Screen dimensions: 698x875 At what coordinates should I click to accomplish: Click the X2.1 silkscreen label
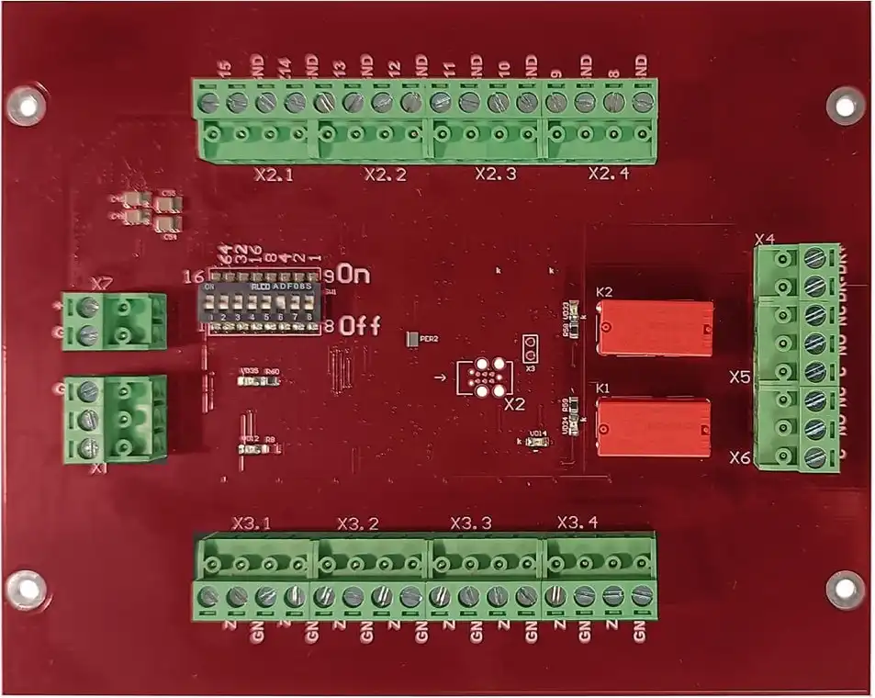(x=272, y=174)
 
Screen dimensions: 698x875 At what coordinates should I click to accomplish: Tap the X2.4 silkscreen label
(x=608, y=173)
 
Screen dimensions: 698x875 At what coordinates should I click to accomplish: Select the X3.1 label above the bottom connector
(x=252, y=523)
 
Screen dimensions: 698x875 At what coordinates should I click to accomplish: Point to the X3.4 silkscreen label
(x=578, y=523)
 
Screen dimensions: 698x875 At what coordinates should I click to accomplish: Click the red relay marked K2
(x=655, y=327)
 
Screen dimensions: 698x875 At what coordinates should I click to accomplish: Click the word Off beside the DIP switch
(x=358, y=325)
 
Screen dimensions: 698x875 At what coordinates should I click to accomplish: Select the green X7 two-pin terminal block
(x=114, y=321)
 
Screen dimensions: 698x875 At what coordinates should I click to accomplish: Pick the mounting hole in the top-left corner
(x=25, y=106)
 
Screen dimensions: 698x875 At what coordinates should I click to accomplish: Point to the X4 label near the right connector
(x=765, y=241)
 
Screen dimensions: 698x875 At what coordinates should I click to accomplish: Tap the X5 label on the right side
(x=740, y=377)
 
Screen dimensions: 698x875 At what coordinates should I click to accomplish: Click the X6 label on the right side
(x=740, y=456)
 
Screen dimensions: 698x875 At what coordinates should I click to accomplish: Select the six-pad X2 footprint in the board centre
(x=483, y=378)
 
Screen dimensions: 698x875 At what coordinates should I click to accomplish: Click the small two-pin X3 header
(x=531, y=348)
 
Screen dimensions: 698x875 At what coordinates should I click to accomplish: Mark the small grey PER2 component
(x=410, y=339)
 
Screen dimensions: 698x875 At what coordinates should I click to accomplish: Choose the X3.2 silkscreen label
(x=358, y=523)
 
